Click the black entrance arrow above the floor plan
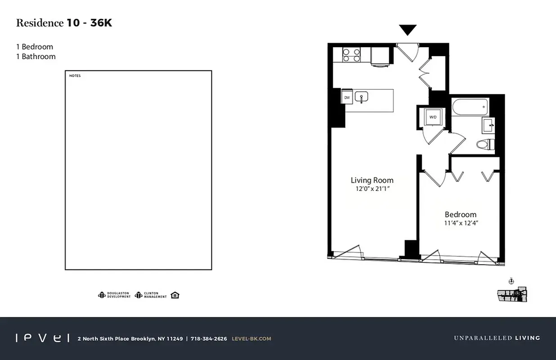click(x=408, y=30)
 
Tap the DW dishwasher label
click(x=347, y=97)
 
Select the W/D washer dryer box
click(x=433, y=117)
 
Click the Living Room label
click(x=372, y=180)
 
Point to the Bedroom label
click(x=460, y=215)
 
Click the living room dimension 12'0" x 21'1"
click(x=372, y=189)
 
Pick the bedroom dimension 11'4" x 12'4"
click(x=460, y=223)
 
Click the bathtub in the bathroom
click(x=470, y=107)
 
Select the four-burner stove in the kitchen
click(x=352, y=55)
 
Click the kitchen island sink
click(x=362, y=97)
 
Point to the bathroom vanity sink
click(x=488, y=125)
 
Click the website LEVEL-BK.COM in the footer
click(x=251, y=338)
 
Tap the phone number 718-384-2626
click(x=209, y=338)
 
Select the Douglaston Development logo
click(x=114, y=295)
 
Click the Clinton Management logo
click(x=151, y=295)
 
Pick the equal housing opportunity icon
click(x=175, y=295)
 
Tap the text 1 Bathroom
click(x=36, y=57)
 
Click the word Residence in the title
click(x=40, y=23)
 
